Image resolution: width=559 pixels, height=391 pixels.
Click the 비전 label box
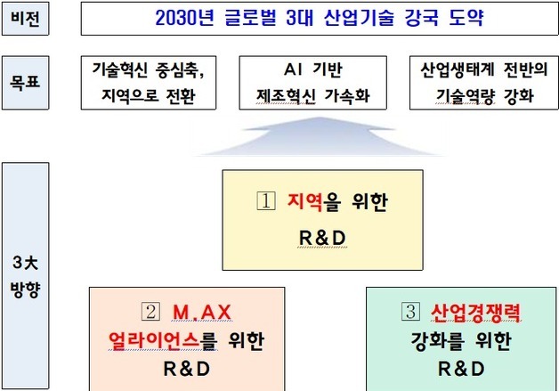pos(25,17)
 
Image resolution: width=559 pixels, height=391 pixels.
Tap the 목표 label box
pos(25,83)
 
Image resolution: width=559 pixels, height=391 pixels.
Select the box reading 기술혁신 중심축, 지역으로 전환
pos(154,83)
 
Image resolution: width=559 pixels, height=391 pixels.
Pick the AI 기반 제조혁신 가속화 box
pos(312,83)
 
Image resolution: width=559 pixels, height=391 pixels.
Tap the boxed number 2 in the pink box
pos(150,312)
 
